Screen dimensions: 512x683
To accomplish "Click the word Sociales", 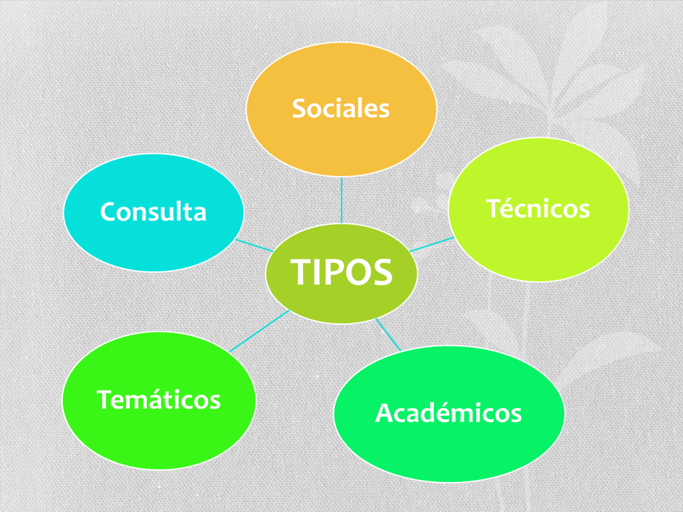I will (341, 108).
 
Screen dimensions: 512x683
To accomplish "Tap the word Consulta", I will (153, 212).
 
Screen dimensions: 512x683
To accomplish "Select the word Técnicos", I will (538, 209).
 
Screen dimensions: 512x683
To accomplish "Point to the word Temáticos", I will (159, 399).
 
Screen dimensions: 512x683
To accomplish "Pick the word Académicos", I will (448, 413).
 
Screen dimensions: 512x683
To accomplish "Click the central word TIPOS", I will (341, 272).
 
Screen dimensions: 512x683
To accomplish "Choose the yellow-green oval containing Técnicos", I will (538, 247).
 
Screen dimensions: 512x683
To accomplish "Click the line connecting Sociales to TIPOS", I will (341, 200).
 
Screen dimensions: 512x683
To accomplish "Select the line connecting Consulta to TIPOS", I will (255, 245).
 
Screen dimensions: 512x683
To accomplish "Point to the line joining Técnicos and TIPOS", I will (432, 244).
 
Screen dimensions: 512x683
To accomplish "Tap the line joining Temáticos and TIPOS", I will (259, 331).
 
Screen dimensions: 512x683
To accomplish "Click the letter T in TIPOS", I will (301, 272).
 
